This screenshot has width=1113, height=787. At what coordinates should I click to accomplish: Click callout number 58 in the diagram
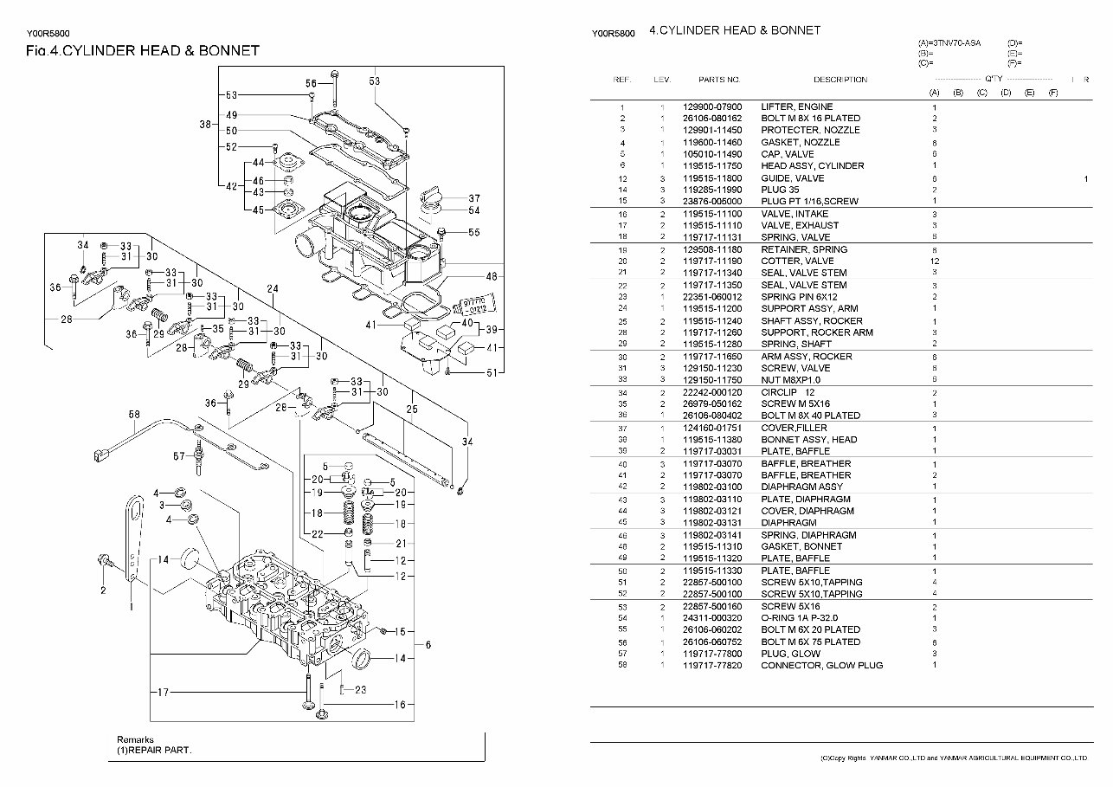coord(134,415)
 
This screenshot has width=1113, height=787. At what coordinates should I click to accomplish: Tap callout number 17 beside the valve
coord(162,692)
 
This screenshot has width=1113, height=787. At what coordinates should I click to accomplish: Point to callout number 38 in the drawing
coord(205,125)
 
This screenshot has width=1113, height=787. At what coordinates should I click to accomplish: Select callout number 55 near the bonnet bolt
coord(473,232)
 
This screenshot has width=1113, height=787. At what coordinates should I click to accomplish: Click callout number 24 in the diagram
coord(273,288)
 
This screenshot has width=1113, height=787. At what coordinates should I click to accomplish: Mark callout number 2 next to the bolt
coord(103,590)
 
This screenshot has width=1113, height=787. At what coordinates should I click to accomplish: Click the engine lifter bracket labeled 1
coord(132,537)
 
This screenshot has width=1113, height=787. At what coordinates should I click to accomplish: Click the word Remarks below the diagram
coord(136,740)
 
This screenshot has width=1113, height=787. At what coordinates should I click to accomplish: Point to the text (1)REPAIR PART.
coord(154,751)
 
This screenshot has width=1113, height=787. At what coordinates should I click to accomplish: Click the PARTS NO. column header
coord(719,80)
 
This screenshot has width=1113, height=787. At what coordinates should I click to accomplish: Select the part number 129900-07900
coord(712,106)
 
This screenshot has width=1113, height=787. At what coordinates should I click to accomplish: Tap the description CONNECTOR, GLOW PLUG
coord(821,665)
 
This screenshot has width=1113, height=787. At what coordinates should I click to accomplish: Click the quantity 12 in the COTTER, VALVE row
coord(935,261)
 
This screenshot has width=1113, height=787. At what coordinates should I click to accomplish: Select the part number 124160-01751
coord(712,427)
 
